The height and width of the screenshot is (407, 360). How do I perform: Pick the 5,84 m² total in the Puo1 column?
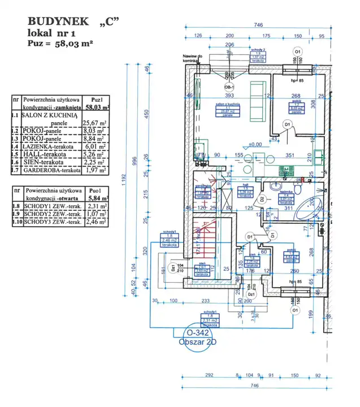point(94,199)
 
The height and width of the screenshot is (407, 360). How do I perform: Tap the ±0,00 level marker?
point(254,145)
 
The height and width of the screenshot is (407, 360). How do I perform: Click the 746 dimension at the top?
point(258,25)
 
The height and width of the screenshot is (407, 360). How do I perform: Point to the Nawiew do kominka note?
point(192,59)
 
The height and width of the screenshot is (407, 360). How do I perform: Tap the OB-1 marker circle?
point(229,87)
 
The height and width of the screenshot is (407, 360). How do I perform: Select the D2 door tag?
point(262,198)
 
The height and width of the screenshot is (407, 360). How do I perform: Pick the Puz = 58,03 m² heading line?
point(60,42)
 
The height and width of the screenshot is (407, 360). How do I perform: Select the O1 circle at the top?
point(296,51)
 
